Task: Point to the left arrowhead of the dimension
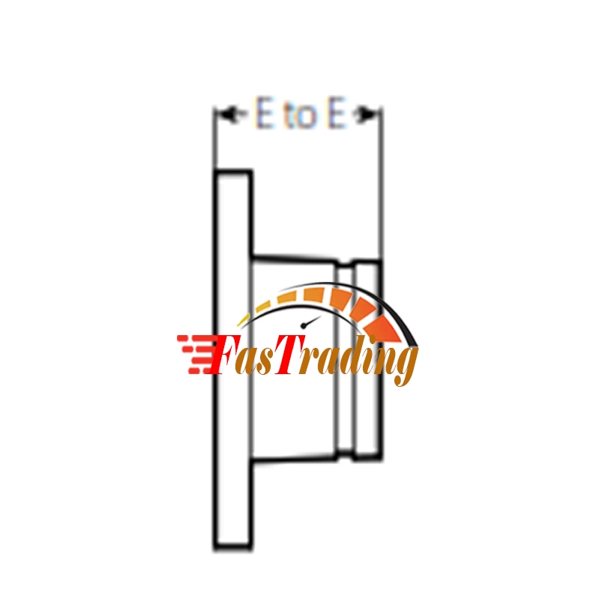[222, 115]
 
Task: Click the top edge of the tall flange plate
[232, 172]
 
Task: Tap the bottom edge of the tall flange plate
[232, 548]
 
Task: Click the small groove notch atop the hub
[345, 264]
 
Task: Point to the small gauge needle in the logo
[307, 323]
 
